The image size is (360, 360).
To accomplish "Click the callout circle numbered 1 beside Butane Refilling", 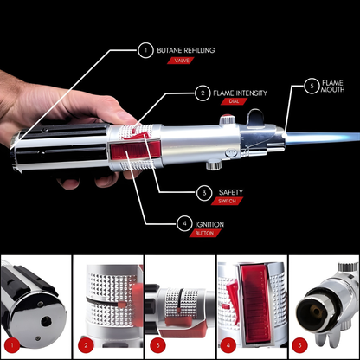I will pos(144,50).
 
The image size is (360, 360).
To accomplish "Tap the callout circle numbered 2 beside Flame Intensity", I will pos(202,93).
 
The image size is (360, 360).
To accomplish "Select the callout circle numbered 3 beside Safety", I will pos(204,191).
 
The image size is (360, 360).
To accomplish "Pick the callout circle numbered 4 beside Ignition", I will pos(184,224).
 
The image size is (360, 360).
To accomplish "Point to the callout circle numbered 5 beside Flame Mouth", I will pos(312,86).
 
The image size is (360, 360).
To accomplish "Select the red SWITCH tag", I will pos(231,202).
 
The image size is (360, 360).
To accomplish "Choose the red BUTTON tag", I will pos(206,235).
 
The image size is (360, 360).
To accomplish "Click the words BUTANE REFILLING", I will pos(187,50).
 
